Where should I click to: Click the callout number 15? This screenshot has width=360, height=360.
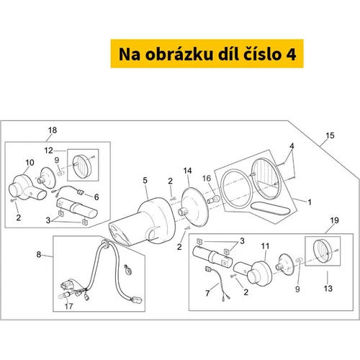click(330, 135)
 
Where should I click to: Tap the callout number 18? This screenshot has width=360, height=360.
click(53, 130)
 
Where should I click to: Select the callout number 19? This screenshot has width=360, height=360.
click(335, 220)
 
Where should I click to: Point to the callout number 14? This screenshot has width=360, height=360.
click(187, 171)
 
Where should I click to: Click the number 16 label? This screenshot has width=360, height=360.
click(207, 179)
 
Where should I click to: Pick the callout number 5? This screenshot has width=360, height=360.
click(145, 180)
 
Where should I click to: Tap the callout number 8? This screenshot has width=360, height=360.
click(39, 254)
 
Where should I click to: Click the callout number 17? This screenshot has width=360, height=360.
click(68, 306)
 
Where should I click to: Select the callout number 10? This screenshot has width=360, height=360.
click(30, 163)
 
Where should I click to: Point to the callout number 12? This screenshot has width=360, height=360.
click(48, 150)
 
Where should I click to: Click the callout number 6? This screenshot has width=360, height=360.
click(96, 197)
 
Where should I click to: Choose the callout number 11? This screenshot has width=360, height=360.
click(265, 246)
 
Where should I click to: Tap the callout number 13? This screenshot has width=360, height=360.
click(328, 288)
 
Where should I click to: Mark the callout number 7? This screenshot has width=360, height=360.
click(207, 293)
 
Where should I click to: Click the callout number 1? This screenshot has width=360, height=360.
click(310, 202)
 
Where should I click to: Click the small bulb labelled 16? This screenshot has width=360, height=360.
click(213, 199)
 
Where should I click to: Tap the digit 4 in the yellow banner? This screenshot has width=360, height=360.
click(291, 55)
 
